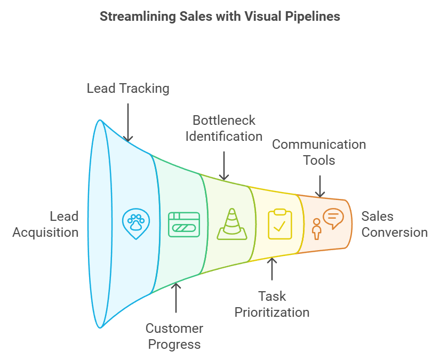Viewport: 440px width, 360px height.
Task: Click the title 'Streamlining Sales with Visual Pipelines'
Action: point(220,17)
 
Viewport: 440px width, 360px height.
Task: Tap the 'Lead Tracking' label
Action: point(128,88)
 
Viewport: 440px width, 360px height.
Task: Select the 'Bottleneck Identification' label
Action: point(224,128)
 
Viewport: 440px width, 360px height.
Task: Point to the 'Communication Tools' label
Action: point(319,152)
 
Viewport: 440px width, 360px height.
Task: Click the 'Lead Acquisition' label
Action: point(46,224)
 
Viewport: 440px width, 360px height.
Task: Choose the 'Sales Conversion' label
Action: point(394,224)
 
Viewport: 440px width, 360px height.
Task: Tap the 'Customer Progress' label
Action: point(174,336)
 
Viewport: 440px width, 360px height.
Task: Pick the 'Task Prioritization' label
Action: point(272,304)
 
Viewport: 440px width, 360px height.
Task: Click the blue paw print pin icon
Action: point(136,225)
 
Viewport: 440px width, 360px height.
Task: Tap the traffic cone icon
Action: point(231,224)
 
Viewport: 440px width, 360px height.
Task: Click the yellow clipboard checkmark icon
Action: point(280,224)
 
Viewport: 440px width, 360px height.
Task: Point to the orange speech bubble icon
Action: point(333,218)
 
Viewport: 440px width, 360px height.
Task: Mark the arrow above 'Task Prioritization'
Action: point(272,269)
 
